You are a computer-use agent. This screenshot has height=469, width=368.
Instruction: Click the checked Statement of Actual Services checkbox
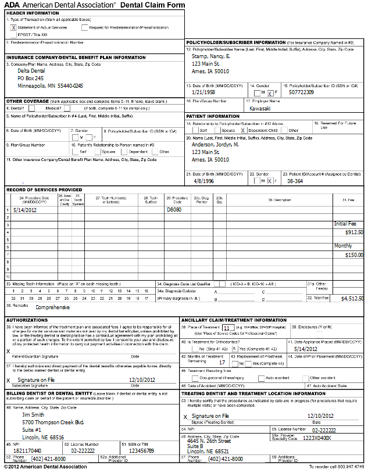[13, 27]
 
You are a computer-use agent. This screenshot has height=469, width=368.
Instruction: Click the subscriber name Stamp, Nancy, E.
[211, 56]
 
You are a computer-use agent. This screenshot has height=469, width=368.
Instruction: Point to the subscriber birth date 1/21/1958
[204, 92]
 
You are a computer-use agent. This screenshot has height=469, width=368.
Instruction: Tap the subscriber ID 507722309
[301, 92]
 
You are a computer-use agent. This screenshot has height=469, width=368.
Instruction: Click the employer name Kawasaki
[259, 109]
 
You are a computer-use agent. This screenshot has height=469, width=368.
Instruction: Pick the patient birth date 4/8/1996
[201, 181]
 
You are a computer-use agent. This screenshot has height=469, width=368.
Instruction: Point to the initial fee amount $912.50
[353, 232]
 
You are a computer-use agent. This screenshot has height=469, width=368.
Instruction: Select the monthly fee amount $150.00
[353, 255]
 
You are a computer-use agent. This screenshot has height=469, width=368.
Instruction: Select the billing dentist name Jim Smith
[33, 399]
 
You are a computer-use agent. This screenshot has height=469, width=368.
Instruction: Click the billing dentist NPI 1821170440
[27, 450]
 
